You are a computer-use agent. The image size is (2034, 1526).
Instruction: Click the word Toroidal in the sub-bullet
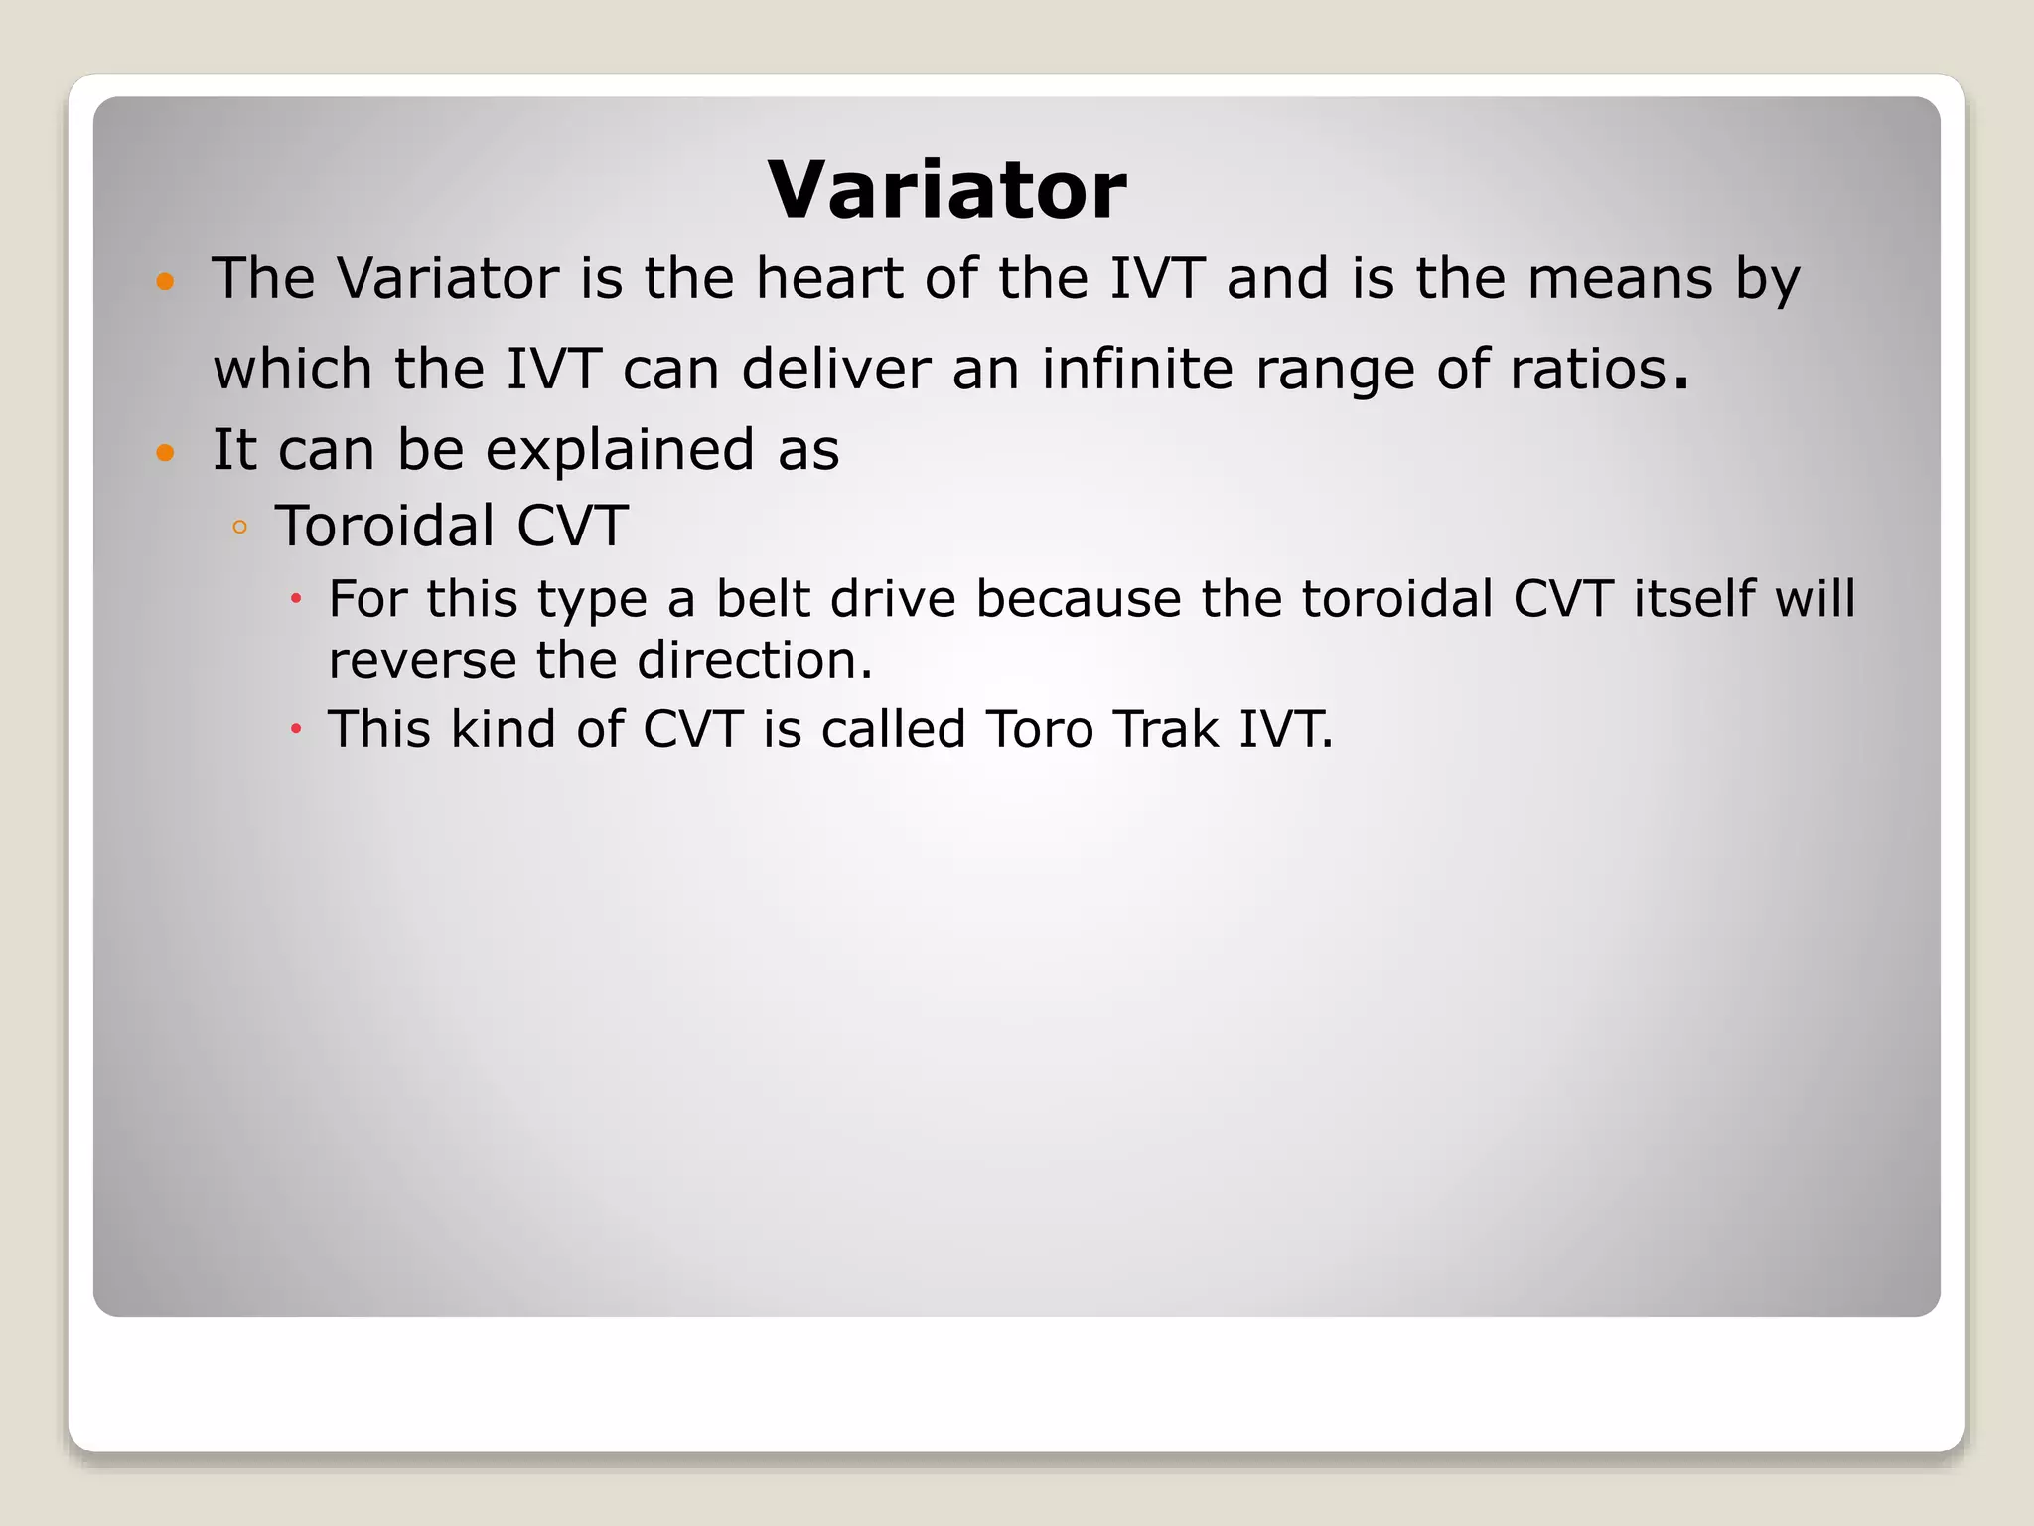pos(384,526)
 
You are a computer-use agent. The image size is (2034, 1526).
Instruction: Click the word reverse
pos(422,660)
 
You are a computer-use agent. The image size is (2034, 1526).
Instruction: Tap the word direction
pos(754,660)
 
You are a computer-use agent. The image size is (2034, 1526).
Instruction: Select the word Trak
pos(1166,729)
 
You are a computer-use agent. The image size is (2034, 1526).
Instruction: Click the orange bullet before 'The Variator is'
pos(166,282)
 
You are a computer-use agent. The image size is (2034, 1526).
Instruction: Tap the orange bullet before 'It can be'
pos(166,454)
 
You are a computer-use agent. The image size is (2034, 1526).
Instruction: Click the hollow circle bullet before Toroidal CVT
pos(239,528)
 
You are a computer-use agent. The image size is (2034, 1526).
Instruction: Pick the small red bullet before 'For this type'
pos(295,599)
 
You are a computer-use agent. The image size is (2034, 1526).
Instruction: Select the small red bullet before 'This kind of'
pos(295,729)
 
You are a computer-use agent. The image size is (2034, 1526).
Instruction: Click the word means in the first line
pos(1620,278)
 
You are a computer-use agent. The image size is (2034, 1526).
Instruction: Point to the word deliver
pos(835,369)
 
